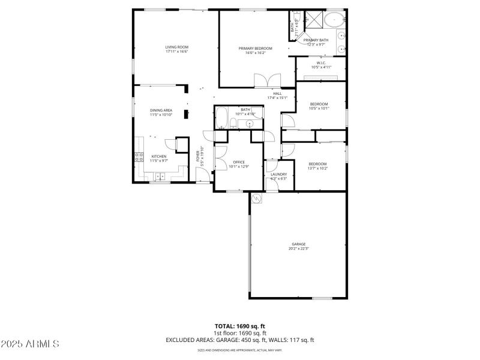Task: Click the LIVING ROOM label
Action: point(177,47)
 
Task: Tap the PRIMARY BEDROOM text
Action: point(255,49)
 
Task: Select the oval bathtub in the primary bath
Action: point(334,20)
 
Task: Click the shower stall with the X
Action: point(313,19)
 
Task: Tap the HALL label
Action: point(277,94)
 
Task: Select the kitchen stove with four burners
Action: point(139,158)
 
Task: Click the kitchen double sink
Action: point(161,176)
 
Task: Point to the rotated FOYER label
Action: point(198,156)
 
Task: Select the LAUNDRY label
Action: point(278,174)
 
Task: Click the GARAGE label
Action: point(298,244)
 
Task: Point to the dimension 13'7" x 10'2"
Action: point(317,169)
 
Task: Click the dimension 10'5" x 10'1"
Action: point(319,109)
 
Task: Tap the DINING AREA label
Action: point(161,110)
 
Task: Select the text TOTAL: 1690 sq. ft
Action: point(240,326)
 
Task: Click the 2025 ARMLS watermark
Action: point(29,344)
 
